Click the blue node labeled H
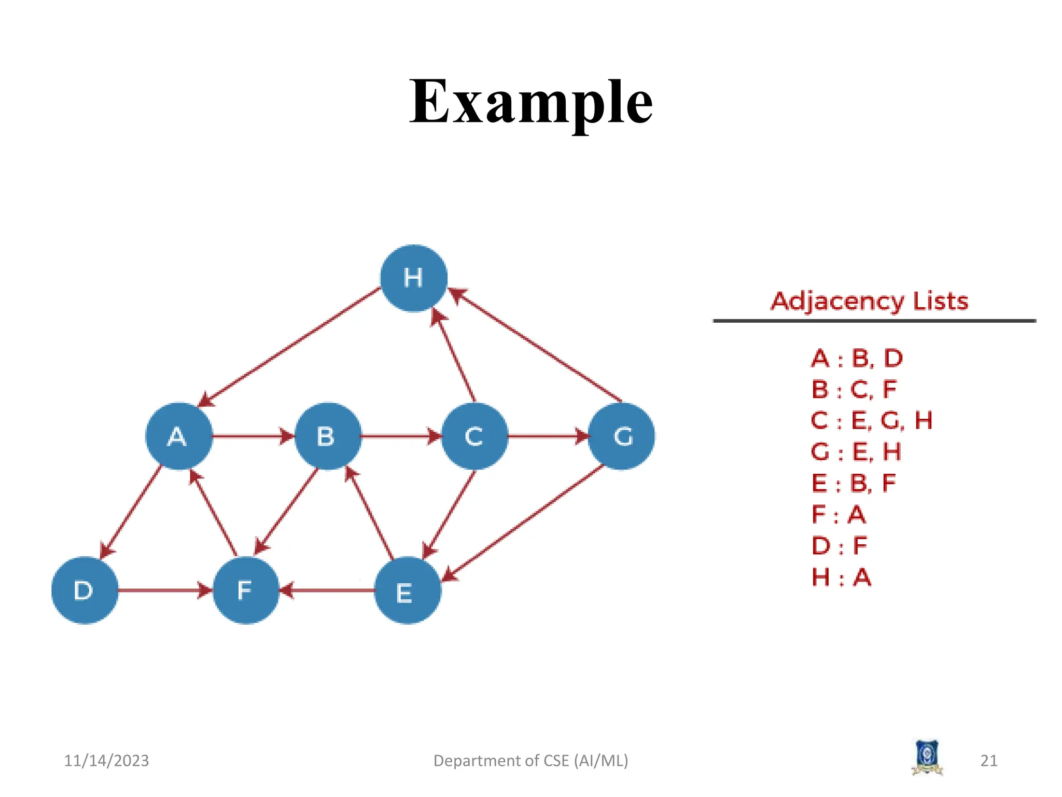click(x=413, y=278)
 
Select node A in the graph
click(x=179, y=436)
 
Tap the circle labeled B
click(x=327, y=436)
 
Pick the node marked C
click(x=474, y=436)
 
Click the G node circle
click(x=622, y=436)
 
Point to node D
click(x=85, y=590)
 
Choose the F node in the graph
click(x=246, y=590)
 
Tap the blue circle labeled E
click(x=408, y=590)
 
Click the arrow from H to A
click(x=290, y=347)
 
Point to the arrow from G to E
click(x=524, y=523)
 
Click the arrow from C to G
click(x=547, y=436)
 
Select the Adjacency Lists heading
click(x=869, y=301)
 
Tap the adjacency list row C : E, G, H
click(x=871, y=420)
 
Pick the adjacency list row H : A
click(x=841, y=577)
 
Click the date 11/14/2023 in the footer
click(x=106, y=761)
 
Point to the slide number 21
click(x=989, y=761)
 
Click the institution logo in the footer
click(x=927, y=758)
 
